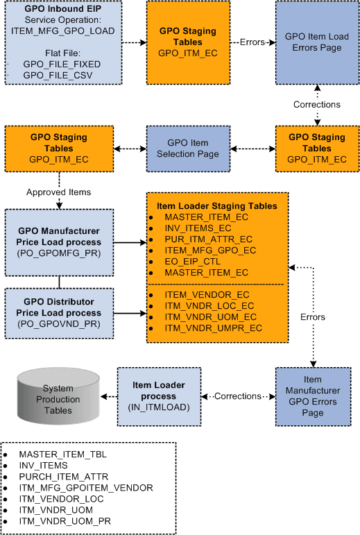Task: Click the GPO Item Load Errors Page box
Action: [317, 42]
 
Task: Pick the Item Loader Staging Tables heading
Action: [217, 206]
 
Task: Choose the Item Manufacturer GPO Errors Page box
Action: [313, 396]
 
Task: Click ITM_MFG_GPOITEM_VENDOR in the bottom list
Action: [86, 488]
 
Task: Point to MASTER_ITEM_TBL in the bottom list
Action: [63, 454]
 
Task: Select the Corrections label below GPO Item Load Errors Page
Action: [317, 104]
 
